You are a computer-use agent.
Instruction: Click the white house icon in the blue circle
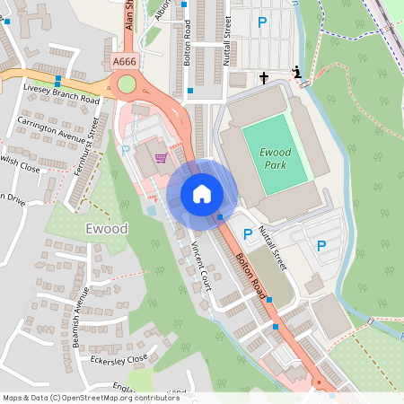[x=202, y=193]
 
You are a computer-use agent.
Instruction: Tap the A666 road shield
[x=126, y=61]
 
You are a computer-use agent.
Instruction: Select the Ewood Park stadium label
[x=275, y=157]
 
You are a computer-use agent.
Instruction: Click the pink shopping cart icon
[x=161, y=158]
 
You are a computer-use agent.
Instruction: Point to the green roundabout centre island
[x=127, y=84]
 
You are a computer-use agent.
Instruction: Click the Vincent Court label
[x=200, y=267]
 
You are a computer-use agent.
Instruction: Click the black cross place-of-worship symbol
[x=265, y=77]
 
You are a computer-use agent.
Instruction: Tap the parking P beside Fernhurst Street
[x=126, y=151]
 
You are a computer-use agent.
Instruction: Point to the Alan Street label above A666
[x=129, y=16]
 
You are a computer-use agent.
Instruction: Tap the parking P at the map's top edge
[x=262, y=22]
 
